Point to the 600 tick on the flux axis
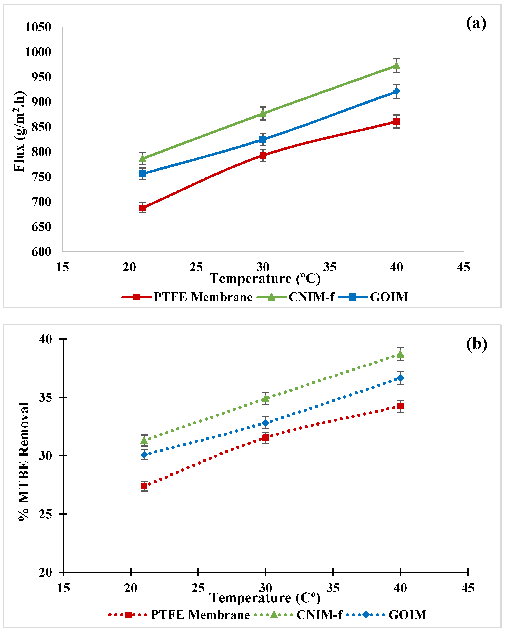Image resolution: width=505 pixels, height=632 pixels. click(41, 252)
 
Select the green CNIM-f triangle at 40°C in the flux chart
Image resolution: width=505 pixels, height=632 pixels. click(396, 65)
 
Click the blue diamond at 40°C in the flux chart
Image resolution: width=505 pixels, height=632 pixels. click(396, 91)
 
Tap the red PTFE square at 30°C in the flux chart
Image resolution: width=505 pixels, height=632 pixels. click(263, 155)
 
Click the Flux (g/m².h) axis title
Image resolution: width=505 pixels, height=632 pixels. click(19, 131)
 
